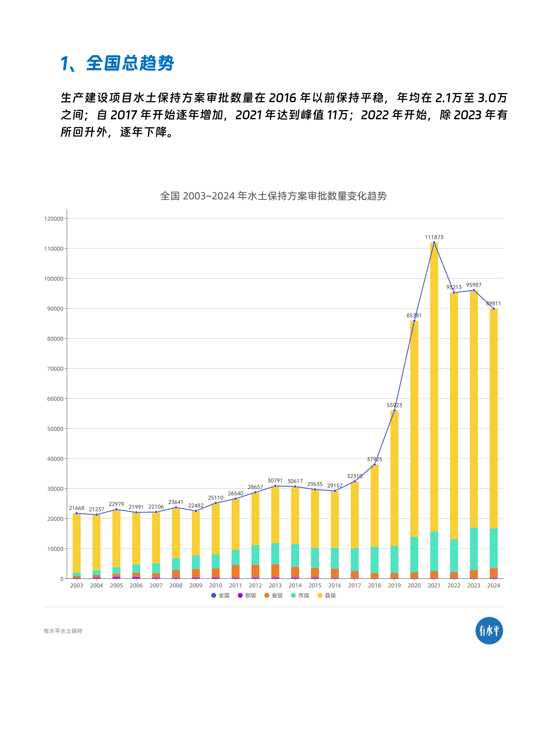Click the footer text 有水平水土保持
point(63,631)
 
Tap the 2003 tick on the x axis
point(76,585)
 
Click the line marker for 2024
point(493,309)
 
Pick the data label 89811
point(493,303)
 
